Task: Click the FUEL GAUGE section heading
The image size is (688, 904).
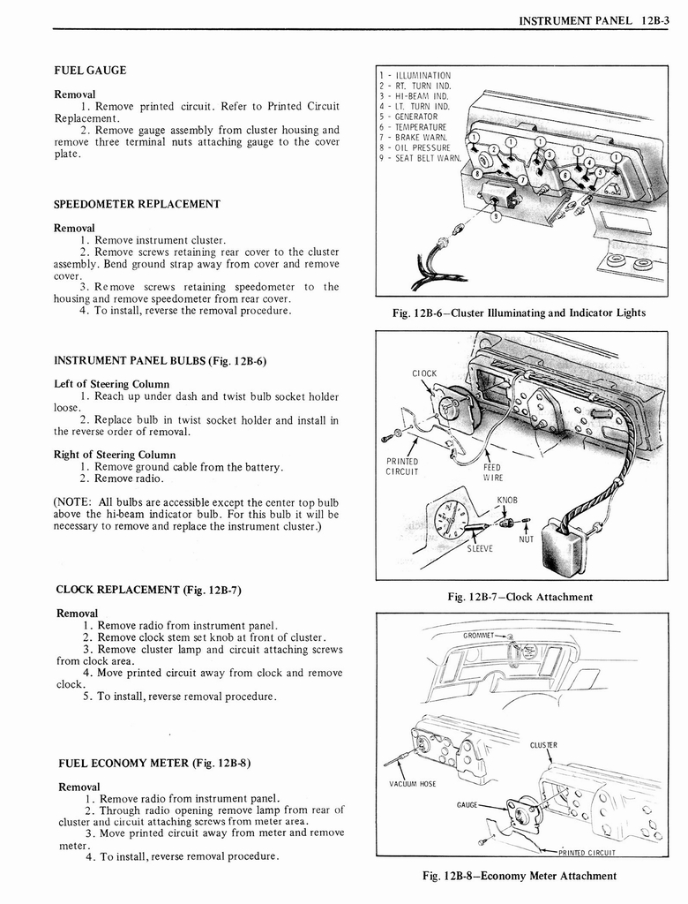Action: [x=90, y=71]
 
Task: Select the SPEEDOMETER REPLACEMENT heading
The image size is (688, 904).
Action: [x=137, y=204]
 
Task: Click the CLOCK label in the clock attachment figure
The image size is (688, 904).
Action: [x=424, y=373]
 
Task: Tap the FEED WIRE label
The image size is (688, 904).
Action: [x=491, y=472]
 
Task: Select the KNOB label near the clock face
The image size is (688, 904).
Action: [x=506, y=500]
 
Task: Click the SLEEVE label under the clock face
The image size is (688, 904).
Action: [x=480, y=548]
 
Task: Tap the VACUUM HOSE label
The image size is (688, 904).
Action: [x=413, y=783]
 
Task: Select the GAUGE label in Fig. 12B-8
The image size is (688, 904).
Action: [x=467, y=804]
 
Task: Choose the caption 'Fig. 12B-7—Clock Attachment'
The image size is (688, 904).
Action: [x=520, y=598]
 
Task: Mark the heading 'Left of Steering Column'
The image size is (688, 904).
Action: [x=111, y=384]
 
